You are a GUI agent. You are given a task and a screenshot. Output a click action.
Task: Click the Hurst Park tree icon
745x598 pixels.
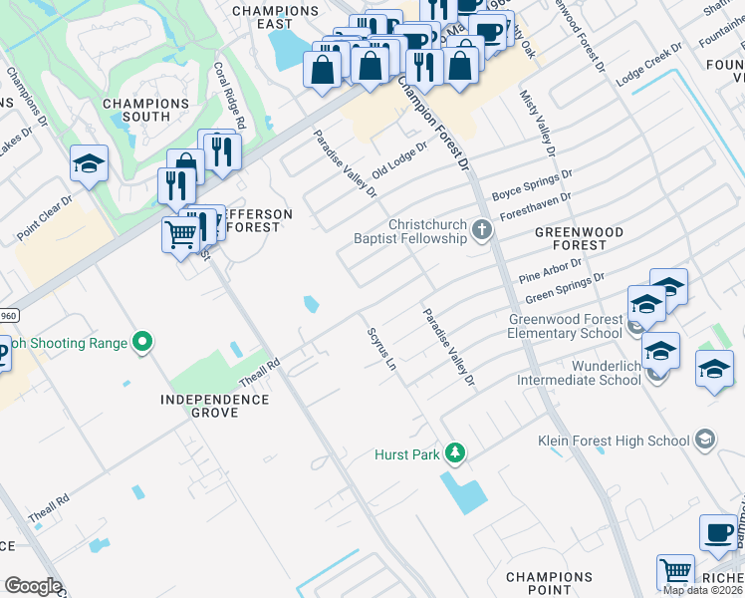(x=455, y=453)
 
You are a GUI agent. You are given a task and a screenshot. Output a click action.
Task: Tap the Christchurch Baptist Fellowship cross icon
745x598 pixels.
(x=481, y=231)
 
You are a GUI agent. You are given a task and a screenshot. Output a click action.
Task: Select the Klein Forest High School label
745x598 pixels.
(x=613, y=441)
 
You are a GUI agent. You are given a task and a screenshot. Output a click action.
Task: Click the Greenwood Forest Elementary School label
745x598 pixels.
(x=565, y=326)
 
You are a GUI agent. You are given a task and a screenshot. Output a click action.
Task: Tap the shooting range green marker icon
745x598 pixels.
(x=142, y=343)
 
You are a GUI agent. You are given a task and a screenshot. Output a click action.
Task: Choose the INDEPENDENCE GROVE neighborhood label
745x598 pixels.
(x=215, y=406)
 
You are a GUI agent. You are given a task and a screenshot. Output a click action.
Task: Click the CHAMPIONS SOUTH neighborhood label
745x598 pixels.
(x=145, y=110)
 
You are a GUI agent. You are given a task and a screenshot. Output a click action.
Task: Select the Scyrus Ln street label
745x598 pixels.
(x=381, y=350)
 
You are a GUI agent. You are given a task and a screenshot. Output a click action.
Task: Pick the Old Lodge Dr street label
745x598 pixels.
(x=398, y=159)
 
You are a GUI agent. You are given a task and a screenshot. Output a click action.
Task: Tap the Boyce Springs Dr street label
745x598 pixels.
(x=532, y=180)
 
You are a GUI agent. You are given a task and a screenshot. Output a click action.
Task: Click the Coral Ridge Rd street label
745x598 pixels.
(x=230, y=96)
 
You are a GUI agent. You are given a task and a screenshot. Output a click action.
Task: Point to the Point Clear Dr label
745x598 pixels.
(x=45, y=218)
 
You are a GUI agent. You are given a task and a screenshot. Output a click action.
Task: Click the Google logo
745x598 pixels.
(x=32, y=586)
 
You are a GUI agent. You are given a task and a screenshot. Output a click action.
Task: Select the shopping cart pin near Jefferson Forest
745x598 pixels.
(x=180, y=235)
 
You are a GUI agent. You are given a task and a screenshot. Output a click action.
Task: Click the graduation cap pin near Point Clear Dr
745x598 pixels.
(x=89, y=163)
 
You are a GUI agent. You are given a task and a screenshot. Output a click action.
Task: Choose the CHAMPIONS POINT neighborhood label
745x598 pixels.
(x=550, y=584)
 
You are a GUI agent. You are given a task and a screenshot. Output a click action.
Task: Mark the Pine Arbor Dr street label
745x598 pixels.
(x=550, y=269)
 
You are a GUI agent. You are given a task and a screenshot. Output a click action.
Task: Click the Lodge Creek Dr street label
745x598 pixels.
(x=649, y=63)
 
